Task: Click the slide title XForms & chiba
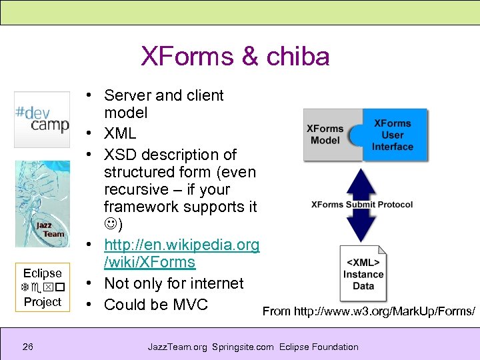(235, 57)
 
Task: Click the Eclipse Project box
(42, 287)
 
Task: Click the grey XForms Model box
(327, 135)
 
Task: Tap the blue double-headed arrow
(363, 205)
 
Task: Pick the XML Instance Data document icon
(363, 273)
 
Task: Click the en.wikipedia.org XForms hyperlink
(181, 253)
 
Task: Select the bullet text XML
(120, 133)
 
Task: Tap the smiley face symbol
(111, 224)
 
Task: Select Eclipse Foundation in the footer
(319, 347)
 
